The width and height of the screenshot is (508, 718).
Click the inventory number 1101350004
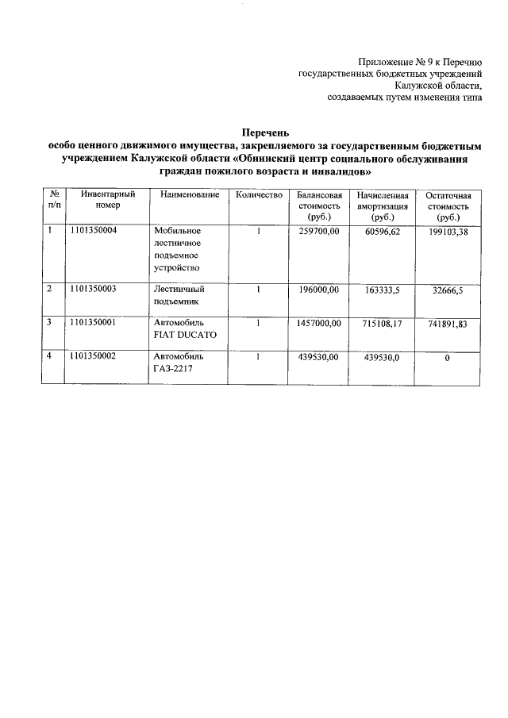[x=93, y=231]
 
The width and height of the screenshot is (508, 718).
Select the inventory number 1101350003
[x=93, y=289]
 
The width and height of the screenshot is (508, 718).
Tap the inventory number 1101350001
[x=93, y=322]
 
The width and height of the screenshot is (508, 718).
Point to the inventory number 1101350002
[x=93, y=356]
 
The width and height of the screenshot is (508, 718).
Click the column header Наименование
[x=189, y=195]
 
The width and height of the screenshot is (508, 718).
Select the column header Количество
[x=260, y=195]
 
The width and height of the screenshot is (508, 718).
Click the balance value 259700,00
[x=319, y=231]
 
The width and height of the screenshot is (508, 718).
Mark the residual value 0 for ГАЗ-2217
[x=447, y=358]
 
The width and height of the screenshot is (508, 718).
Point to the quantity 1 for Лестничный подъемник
[x=259, y=290]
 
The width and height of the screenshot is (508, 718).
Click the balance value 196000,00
[x=319, y=290]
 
